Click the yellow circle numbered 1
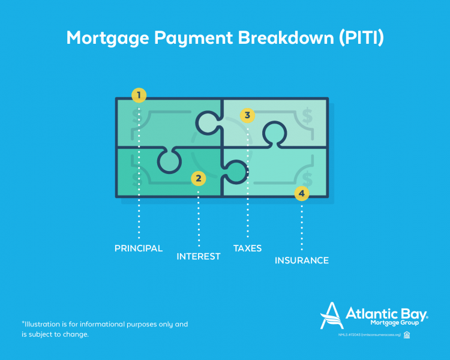pos(139,95)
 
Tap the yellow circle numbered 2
pos(198,178)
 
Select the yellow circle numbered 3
pos(247,115)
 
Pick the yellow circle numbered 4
pos(301,193)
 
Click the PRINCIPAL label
pos(139,248)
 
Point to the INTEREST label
pos(199,256)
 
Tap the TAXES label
pos(247,248)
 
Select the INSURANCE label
pos(302,260)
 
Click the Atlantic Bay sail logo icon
pos(332,314)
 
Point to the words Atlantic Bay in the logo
pos(386,313)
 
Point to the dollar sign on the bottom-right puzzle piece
pos(308,178)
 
